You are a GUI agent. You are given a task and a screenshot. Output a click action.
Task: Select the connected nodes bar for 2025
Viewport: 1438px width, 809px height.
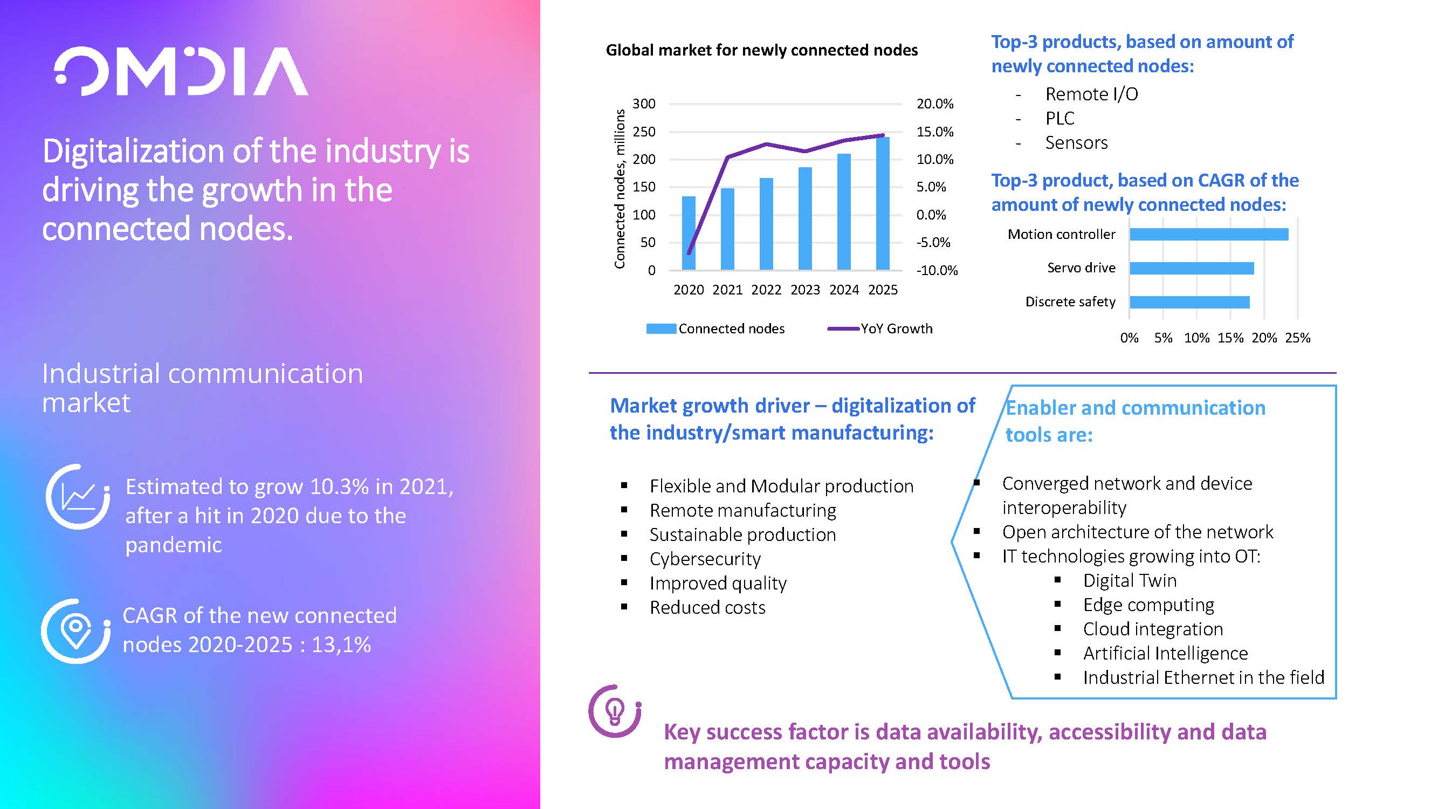point(883,204)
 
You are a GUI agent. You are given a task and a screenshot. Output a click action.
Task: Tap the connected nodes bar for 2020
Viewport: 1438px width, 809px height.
point(689,234)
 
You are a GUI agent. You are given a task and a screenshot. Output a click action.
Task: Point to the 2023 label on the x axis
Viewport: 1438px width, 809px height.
point(805,290)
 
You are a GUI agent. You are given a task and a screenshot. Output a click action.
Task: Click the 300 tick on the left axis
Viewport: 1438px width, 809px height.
point(644,104)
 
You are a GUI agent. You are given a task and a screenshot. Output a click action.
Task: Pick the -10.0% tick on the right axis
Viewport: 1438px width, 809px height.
point(937,270)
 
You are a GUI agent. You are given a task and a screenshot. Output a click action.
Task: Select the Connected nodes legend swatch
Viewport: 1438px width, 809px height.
point(661,328)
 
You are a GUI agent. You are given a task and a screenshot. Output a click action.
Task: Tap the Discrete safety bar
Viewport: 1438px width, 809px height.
point(1189,302)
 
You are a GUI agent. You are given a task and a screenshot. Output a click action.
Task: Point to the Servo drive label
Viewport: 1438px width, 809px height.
point(1081,268)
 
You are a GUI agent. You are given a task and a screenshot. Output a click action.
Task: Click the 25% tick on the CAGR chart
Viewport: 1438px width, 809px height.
point(1297,338)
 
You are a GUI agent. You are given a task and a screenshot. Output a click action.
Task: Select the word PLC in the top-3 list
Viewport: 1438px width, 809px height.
point(1059,118)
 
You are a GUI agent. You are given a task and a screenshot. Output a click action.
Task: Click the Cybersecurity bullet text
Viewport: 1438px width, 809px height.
point(705,559)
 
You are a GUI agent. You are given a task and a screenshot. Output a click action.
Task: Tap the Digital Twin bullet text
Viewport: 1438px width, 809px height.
point(1130,581)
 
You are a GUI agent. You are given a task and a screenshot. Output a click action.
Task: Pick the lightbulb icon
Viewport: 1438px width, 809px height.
point(615,711)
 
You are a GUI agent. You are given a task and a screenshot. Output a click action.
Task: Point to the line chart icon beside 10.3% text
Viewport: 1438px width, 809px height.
point(78,496)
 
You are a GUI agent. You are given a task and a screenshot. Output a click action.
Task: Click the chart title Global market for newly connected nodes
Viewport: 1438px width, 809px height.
point(761,50)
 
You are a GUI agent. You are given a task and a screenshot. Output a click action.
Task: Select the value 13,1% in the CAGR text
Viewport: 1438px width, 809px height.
point(341,645)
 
